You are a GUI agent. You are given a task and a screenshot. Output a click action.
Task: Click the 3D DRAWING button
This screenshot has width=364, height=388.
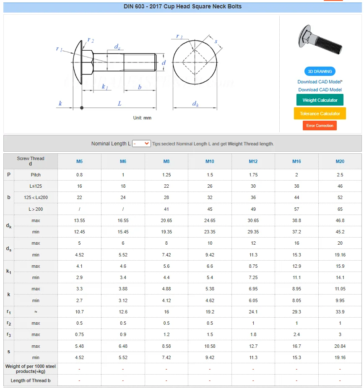[x=320, y=71]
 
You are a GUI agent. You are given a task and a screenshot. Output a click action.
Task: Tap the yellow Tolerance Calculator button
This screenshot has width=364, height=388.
[x=320, y=114]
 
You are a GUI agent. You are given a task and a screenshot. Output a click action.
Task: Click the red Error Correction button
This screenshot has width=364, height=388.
[x=320, y=126]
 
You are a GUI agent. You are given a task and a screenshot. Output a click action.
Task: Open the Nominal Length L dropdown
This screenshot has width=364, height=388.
[x=141, y=143]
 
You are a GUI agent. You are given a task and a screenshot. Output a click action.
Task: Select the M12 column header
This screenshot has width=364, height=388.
[x=253, y=161]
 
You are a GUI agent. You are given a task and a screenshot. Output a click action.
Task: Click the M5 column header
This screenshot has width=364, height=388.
[x=79, y=161]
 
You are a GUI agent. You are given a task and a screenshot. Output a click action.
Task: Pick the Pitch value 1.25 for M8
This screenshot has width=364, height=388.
[x=166, y=175]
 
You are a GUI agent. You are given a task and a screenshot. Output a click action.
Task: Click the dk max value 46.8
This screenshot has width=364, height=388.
[x=340, y=220]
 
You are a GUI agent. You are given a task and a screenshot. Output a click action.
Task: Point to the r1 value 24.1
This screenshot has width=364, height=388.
[x=253, y=312]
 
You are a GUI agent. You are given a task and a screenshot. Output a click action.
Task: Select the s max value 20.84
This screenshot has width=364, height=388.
[x=340, y=346]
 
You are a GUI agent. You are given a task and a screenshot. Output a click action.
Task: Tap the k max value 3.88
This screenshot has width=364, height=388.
[x=123, y=289]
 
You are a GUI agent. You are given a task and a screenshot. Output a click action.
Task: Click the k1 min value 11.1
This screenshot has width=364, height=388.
[x=296, y=277]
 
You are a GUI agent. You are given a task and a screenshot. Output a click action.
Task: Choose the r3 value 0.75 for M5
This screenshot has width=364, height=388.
[x=79, y=334]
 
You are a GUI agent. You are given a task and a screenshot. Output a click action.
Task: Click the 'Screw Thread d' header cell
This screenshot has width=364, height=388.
[x=31, y=161]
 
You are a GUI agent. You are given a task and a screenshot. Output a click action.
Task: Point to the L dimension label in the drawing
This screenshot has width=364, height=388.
[x=120, y=103]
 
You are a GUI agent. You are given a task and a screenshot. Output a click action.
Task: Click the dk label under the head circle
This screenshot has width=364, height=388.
[x=195, y=104]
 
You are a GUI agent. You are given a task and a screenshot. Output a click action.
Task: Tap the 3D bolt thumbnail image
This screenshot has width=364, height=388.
[x=320, y=41]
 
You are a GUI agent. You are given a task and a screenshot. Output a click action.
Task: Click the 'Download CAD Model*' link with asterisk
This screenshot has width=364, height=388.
[x=320, y=82]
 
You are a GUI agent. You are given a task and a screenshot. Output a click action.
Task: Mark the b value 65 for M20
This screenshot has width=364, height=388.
[x=340, y=209]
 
